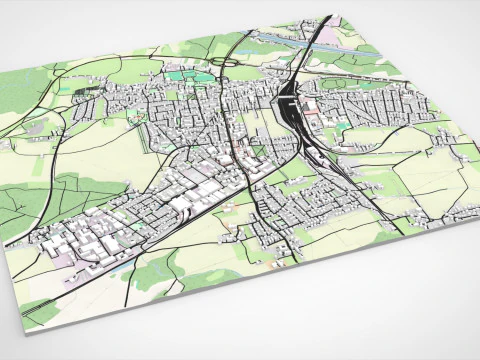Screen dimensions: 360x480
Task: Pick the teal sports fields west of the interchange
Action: [x=180, y=74]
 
